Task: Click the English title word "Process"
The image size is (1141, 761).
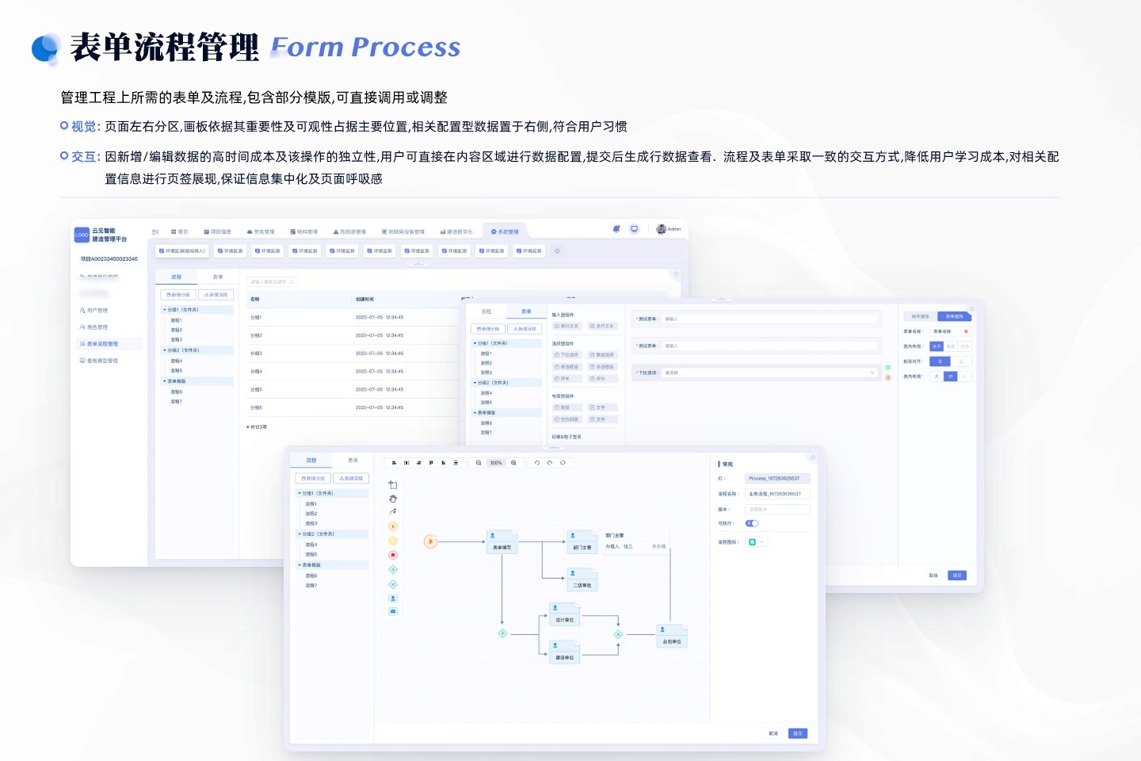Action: tap(405, 48)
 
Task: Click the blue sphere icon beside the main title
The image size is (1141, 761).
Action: tap(46, 48)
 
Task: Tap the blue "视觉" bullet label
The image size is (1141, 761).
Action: tap(86, 127)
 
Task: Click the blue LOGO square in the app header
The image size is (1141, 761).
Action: tap(82, 235)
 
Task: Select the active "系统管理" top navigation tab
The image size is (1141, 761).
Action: tap(505, 231)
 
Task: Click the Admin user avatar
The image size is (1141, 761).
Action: tap(661, 229)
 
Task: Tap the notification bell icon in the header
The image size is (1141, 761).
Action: tap(616, 229)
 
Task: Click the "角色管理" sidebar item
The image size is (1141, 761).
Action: tap(97, 327)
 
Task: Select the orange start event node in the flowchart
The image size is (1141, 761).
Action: tap(430, 542)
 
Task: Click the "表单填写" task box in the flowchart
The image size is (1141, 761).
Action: tap(502, 543)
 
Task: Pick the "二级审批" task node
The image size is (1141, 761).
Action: tap(582, 581)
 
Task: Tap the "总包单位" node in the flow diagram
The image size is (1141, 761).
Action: tap(672, 637)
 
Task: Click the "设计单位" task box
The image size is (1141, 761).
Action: tap(564, 616)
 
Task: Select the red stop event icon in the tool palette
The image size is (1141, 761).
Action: tap(393, 555)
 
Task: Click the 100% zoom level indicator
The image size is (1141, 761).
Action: tap(496, 463)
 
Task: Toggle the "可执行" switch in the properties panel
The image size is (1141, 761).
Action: tap(752, 523)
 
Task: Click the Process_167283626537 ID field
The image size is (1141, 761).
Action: tap(777, 479)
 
